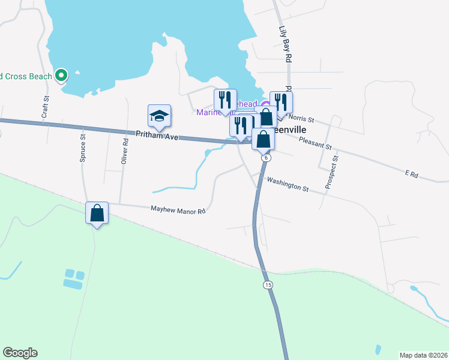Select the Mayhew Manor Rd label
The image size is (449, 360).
pyautogui.click(x=177, y=210)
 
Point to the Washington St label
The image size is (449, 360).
pyautogui.click(x=288, y=184)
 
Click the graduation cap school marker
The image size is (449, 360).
pyautogui.click(x=160, y=116)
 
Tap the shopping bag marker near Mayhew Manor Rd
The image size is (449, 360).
pyautogui.click(x=97, y=213)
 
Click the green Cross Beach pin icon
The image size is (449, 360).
pyautogui.click(x=61, y=76)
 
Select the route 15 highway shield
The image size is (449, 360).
pyautogui.click(x=267, y=284)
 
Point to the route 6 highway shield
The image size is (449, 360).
pyautogui.click(x=266, y=157)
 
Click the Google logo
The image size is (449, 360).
pyautogui.click(x=20, y=353)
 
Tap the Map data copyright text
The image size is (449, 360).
pyautogui.click(x=423, y=355)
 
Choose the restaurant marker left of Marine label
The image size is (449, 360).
pyautogui.click(x=225, y=100)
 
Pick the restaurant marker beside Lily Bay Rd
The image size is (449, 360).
pyautogui.click(x=280, y=102)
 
